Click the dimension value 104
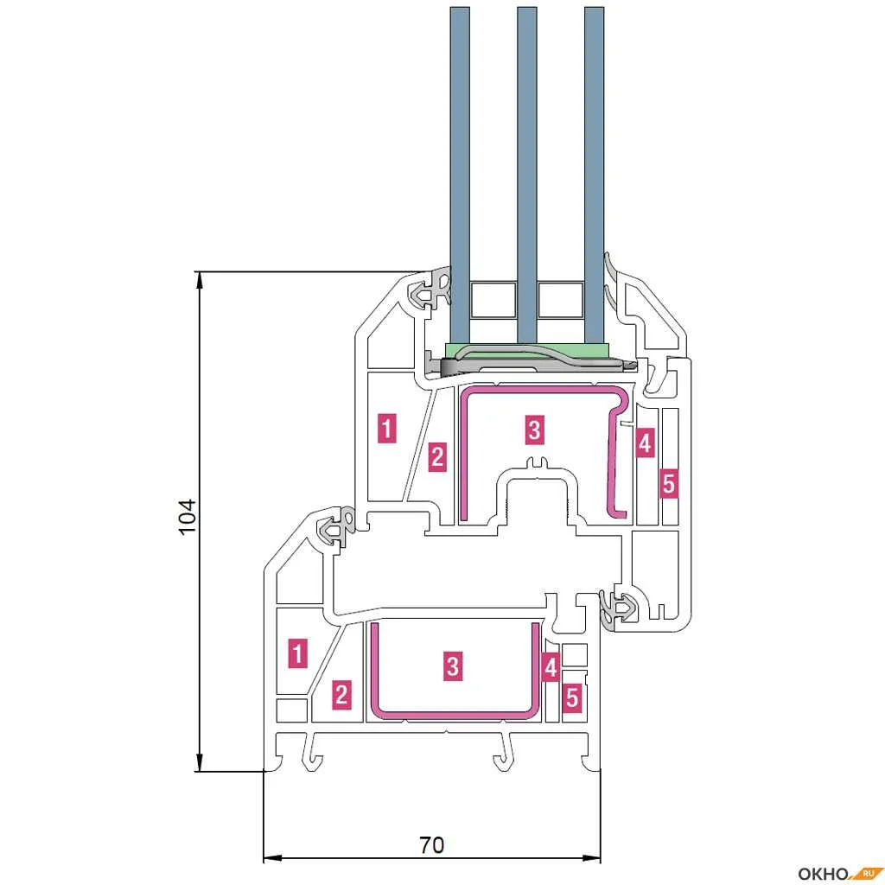tap(187, 517)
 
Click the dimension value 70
tap(432, 845)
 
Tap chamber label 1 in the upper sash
tap(387, 429)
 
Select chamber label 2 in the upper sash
tap(437, 456)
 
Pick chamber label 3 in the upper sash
tap(534, 430)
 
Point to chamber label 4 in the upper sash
tap(645, 442)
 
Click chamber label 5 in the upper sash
tap(668, 484)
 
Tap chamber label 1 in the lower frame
tap(298, 653)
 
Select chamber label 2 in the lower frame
tap(341, 694)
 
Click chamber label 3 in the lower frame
tap(453, 666)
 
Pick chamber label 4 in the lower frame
tap(551, 668)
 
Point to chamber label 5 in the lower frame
tap(572, 698)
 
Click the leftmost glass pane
tap(460, 175)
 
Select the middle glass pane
tap(527, 175)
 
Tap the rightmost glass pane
tap(595, 175)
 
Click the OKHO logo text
tap(824, 875)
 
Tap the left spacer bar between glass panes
tap(493, 300)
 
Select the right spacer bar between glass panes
tap(560, 300)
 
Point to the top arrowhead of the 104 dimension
tap(199, 279)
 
